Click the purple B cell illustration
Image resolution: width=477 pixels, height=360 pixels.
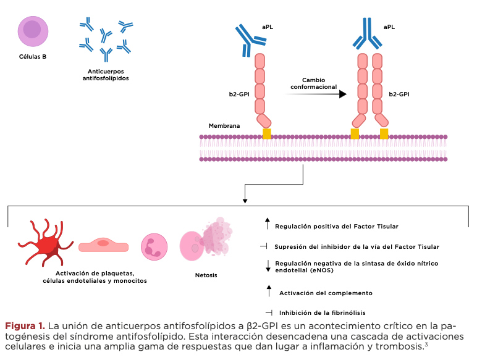33,30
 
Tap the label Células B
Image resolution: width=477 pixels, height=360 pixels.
33,56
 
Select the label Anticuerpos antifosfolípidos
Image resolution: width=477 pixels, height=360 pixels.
106,75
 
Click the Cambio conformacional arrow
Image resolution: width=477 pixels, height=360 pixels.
319,94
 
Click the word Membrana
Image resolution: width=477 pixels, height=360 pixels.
224,125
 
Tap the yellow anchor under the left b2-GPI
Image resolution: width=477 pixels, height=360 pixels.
267,133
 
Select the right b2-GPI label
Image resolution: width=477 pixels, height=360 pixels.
399,94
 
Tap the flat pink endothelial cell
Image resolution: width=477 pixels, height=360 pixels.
103,245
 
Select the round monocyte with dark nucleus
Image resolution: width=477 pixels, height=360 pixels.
154,246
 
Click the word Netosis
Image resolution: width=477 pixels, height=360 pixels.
206,275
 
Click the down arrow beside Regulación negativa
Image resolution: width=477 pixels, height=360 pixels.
268,266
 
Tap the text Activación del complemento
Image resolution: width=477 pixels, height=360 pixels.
326,293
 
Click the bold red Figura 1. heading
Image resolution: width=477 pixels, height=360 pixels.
25,325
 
